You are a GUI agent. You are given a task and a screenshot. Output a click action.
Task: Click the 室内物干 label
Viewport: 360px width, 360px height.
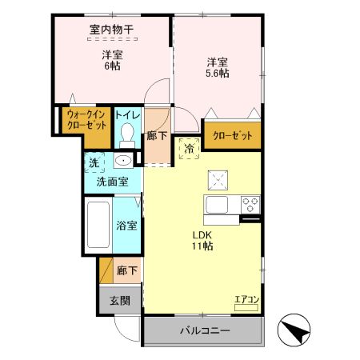(x=111, y=30)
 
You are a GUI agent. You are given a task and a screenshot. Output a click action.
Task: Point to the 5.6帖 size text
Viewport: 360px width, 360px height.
(x=218, y=74)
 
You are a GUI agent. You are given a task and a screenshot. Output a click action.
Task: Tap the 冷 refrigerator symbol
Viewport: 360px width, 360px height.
(x=191, y=149)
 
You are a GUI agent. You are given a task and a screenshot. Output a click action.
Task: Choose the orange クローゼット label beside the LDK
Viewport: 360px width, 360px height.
(x=232, y=136)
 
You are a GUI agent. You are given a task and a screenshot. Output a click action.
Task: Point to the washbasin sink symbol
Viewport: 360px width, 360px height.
(x=122, y=162)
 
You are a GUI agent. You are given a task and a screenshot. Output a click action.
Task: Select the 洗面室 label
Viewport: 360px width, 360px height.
(x=113, y=182)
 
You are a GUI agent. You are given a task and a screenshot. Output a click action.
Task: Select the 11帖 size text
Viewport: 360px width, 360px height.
(x=202, y=247)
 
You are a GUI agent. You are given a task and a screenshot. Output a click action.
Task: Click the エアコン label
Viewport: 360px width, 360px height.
(x=246, y=301)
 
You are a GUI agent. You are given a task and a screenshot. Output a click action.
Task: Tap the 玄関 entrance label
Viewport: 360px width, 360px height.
(x=119, y=301)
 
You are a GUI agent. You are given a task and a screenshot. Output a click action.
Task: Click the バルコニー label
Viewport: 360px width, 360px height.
(x=204, y=330)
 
